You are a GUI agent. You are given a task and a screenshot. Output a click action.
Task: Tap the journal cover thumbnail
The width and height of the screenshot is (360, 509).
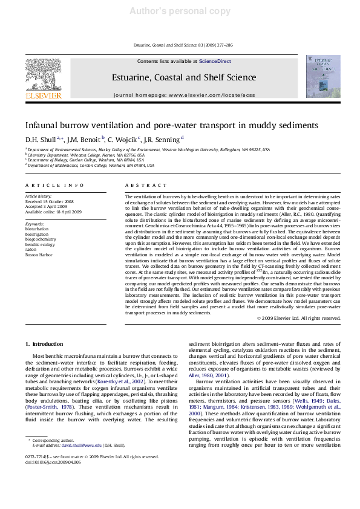point(327,77)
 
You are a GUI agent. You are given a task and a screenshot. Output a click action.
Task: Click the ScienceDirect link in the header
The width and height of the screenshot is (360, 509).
point(215,62)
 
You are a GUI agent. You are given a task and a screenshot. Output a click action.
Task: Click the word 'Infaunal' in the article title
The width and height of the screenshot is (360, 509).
point(44,125)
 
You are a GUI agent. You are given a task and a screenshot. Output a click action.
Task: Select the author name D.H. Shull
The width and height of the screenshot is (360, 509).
point(39,139)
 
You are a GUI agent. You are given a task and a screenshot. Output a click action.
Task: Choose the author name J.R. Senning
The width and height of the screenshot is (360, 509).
point(163,139)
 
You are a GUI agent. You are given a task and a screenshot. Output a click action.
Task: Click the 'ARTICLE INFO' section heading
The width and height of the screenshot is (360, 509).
point(54,185)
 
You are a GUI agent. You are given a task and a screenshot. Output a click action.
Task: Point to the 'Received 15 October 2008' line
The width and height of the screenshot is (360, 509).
point(50,201)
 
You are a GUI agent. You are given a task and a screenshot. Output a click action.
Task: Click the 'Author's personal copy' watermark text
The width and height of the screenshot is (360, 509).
point(180,10)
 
